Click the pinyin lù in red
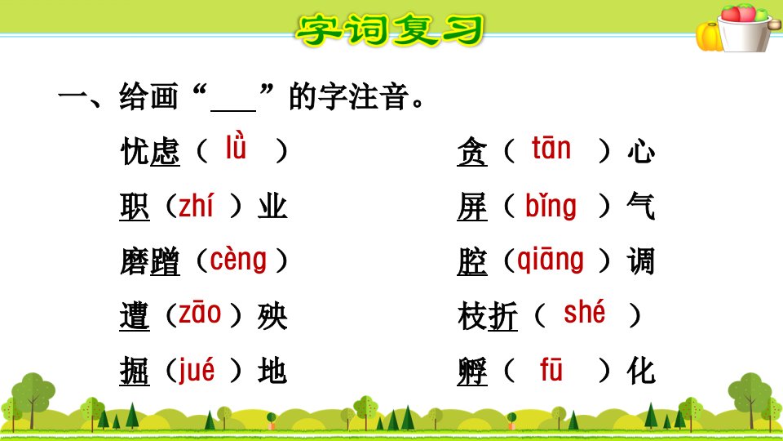(236, 146)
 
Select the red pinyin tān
(551, 148)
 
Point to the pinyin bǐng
(551, 206)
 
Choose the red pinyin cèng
(238, 260)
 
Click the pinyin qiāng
(551, 260)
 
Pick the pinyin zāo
(200, 313)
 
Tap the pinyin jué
(197, 370)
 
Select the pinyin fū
(551, 369)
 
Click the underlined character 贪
(472, 151)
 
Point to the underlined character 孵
(472, 371)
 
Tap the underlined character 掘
(135, 371)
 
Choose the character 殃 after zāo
(272, 316)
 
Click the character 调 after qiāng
(641, 261)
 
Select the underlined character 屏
(472, 206)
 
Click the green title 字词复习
(390, 30)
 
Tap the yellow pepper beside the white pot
(708, 37)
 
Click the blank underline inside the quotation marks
(233, 110)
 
